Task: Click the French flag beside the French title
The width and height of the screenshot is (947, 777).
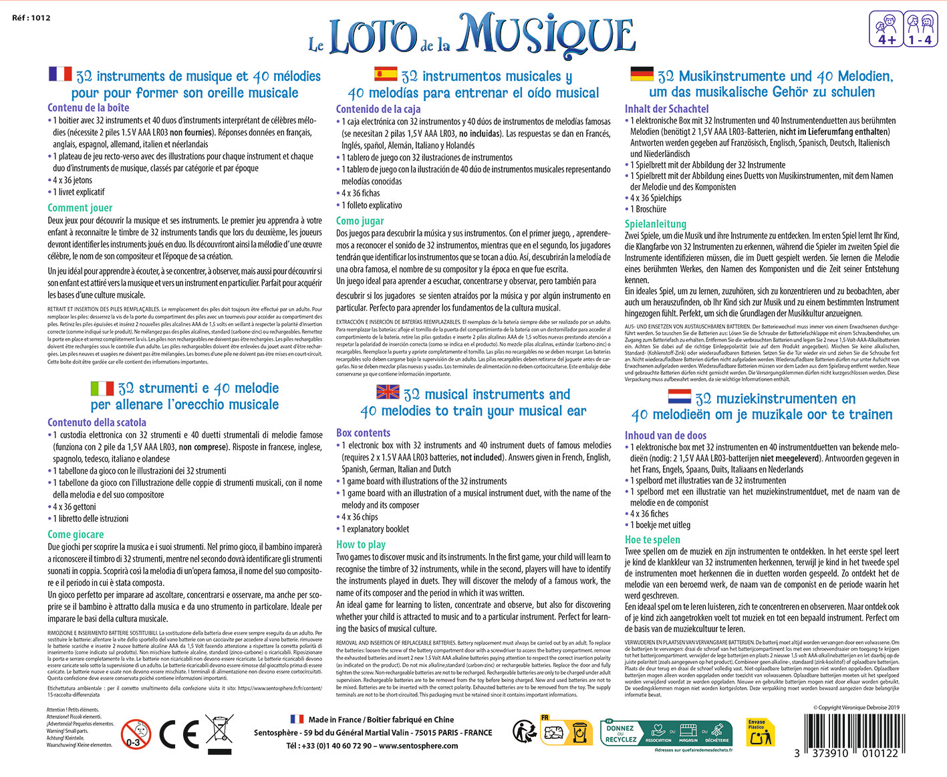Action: pyautogui.click(x=60, y=73)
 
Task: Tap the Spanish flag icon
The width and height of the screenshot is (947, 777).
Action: pyautogui.click(x=386, y=73)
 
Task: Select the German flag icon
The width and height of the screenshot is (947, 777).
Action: pyautogui.click(x=642, y=73)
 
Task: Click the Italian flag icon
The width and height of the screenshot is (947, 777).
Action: pyautogui.click(x=102, y=387)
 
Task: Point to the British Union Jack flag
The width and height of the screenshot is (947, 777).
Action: pyautogui.click(x=388, y=392)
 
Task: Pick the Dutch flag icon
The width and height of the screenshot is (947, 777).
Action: pyautogui.click(x=679, y=396)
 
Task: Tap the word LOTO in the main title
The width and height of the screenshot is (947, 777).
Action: pyautogui.click(x=372, y=39)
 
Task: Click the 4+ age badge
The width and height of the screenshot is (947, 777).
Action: pyautogui.click(x=886, y=29)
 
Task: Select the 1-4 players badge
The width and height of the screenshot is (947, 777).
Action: pyautogui.click(x=920, y=29)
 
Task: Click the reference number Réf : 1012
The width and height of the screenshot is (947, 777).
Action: pyautogui.click(x=31, y=18)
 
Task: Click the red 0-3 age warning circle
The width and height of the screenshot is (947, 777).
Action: pyautogui.click(x=136, y=734)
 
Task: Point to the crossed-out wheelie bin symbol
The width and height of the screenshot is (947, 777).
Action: pyautogui.click(x=219, y=733)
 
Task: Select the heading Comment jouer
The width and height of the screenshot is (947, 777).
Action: pyautogui.click(x=80, y=208)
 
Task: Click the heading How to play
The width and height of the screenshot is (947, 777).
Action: pyautogui.click(x=361, y=545)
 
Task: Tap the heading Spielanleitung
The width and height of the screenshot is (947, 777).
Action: pyautogui.click(x=656, y=224)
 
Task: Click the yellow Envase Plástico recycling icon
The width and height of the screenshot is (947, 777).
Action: pyautogui.click(x=760, y=733)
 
